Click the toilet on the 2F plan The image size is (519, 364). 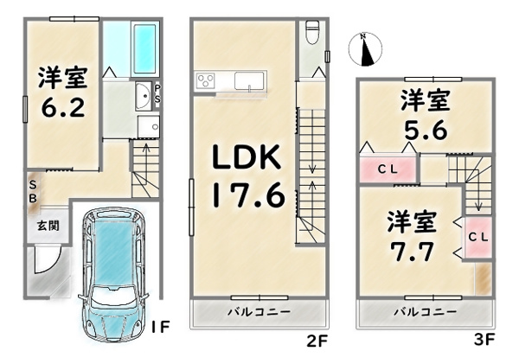click(x=312, y=33)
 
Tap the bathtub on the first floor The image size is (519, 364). click(x=145, y=49)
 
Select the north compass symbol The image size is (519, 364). click(x=365, y=49)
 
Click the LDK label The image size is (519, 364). click(x=247, y=156)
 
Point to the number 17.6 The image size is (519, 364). click(x=248, y=195)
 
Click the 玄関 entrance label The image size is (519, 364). click(x=48, y=226)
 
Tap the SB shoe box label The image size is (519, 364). click(x=33, y=191)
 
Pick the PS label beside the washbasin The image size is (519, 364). click(x=157, y=93)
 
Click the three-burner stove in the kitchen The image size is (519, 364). click(x=205, y=80)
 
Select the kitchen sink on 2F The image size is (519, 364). click(x=250, y=81)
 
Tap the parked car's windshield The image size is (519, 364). click(x=114, y=296)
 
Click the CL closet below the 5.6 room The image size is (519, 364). click(x=388, y=169)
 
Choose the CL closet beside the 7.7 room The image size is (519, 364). click(x=478, y=237)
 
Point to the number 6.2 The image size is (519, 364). click(x=62, y=107)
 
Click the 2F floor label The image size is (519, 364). click(x=317, y=342)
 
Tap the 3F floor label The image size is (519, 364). click(x=484, y=340)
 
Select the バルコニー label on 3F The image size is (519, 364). click(x=426, y=312)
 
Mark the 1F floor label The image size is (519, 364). click(x=160, y=328)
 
